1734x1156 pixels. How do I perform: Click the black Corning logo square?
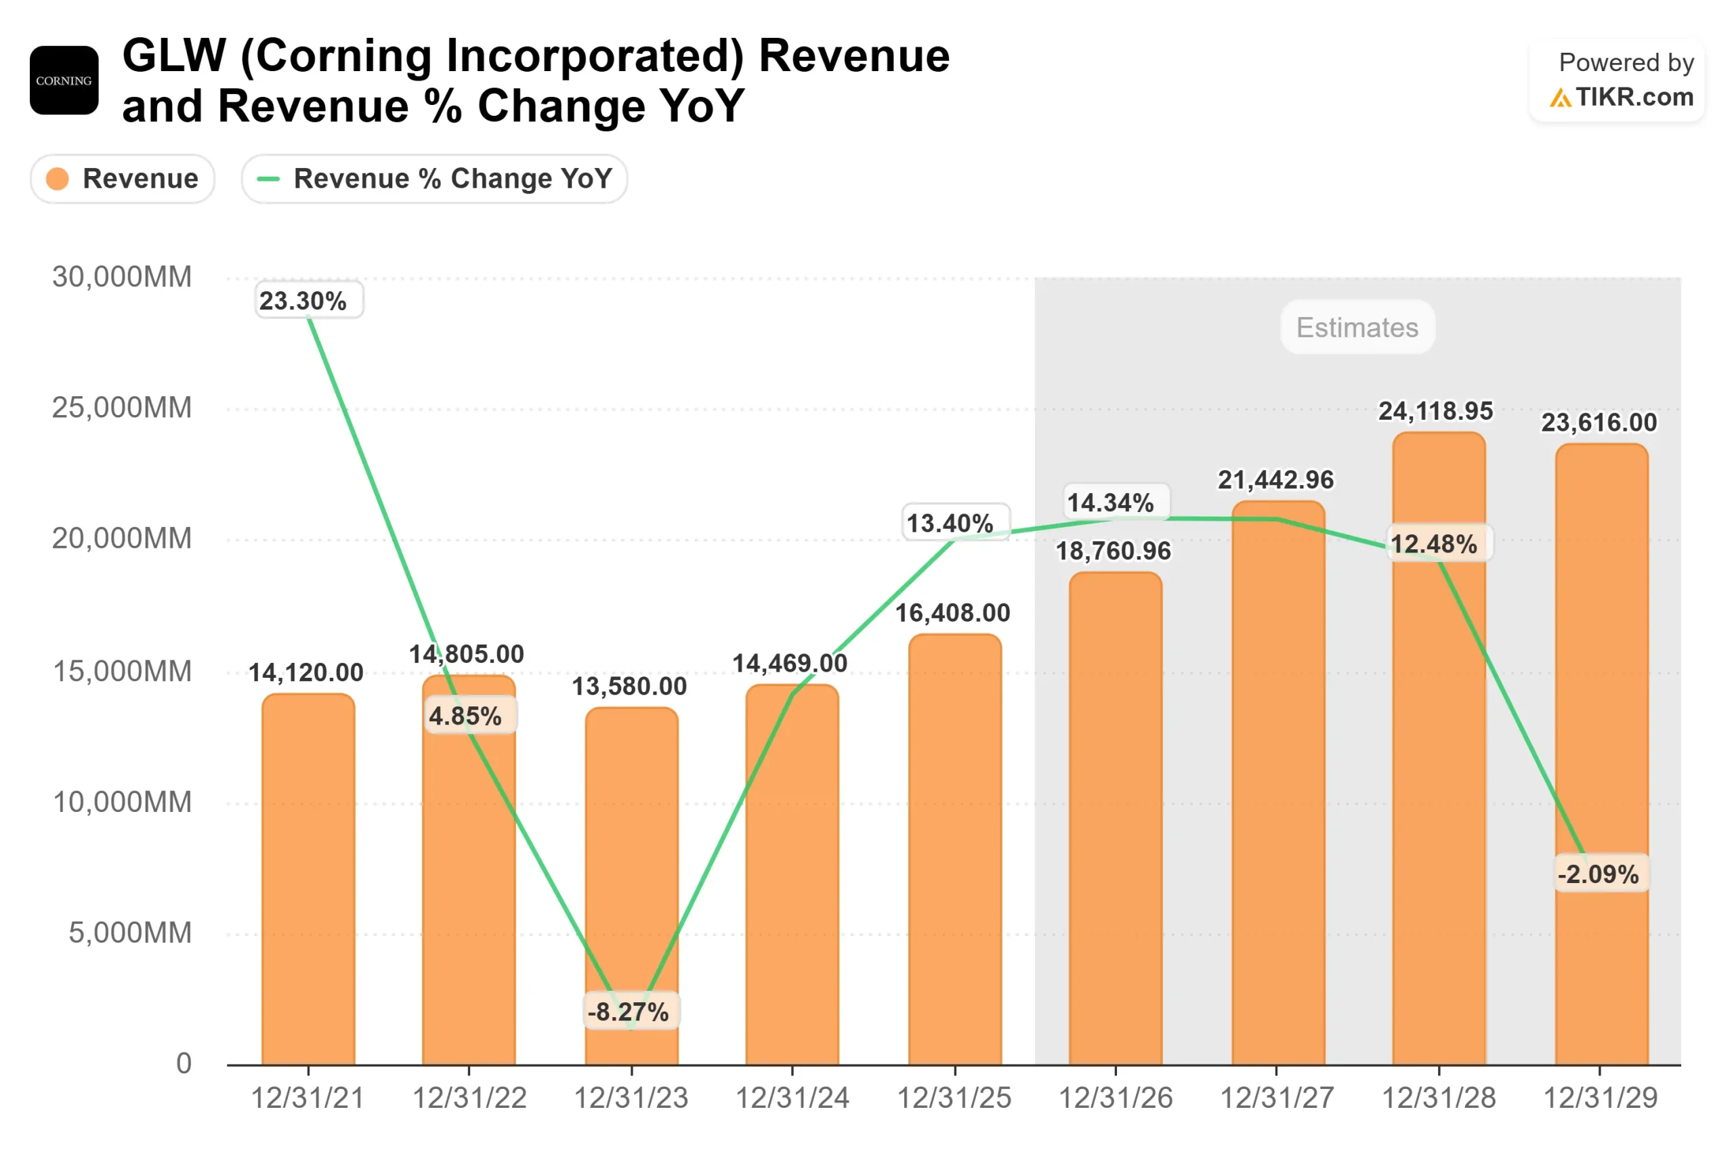(x=64, y=81)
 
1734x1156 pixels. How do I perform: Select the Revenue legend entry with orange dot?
(x=123, y=178)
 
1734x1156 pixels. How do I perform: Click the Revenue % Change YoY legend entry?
(x=434, y=178)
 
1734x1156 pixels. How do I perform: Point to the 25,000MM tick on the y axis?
(x=122, y=408)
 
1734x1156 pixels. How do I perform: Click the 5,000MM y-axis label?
(x=130, y=933)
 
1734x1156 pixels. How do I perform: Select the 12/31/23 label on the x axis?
(x=631, y=1098)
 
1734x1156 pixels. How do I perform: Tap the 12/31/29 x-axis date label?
(x=1600, y=1098)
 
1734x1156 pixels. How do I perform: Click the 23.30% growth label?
(x=303, y=301)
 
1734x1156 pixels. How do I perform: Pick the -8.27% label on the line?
(x=628, y=1012)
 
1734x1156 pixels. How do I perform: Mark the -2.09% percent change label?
(x=1599, y=874)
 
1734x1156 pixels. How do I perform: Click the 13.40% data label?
(x=950, y=523)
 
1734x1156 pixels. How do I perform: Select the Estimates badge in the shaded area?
(x=1357, y=327)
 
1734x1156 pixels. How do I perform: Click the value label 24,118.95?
(x=1435, y=410)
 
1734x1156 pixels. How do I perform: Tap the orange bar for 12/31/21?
(x=308, y=884)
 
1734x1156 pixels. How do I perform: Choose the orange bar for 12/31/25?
(x=955, y=855)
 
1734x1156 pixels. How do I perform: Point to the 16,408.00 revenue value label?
(x=952, y=613)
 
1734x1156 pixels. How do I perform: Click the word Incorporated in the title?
(x=492, y=56)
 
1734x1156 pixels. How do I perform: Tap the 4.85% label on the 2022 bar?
(x=465, y=716)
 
